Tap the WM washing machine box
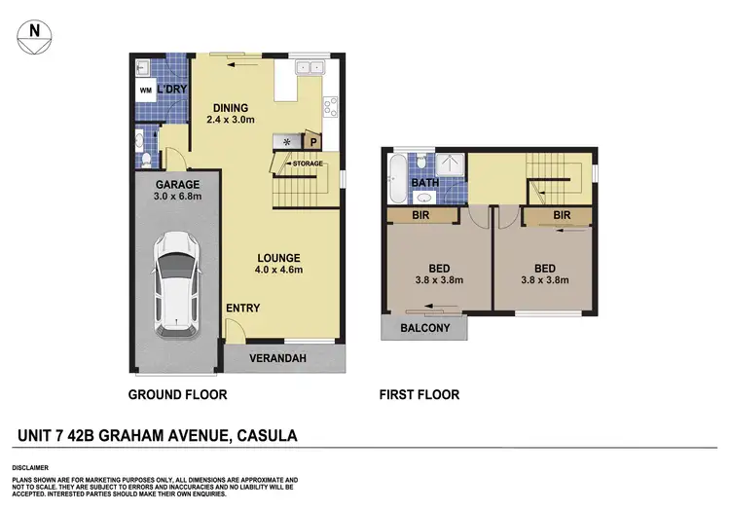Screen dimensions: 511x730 point(146,91)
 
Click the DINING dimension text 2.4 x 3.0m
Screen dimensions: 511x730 point(231,120)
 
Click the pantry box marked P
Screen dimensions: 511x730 point(314,140)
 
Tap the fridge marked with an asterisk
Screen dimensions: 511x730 point(286,141)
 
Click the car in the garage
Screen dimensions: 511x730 point(177,283)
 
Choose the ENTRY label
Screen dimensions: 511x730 point(242,309)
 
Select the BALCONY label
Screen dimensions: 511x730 point(425,328)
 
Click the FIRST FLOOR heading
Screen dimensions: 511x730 point(420,395)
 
